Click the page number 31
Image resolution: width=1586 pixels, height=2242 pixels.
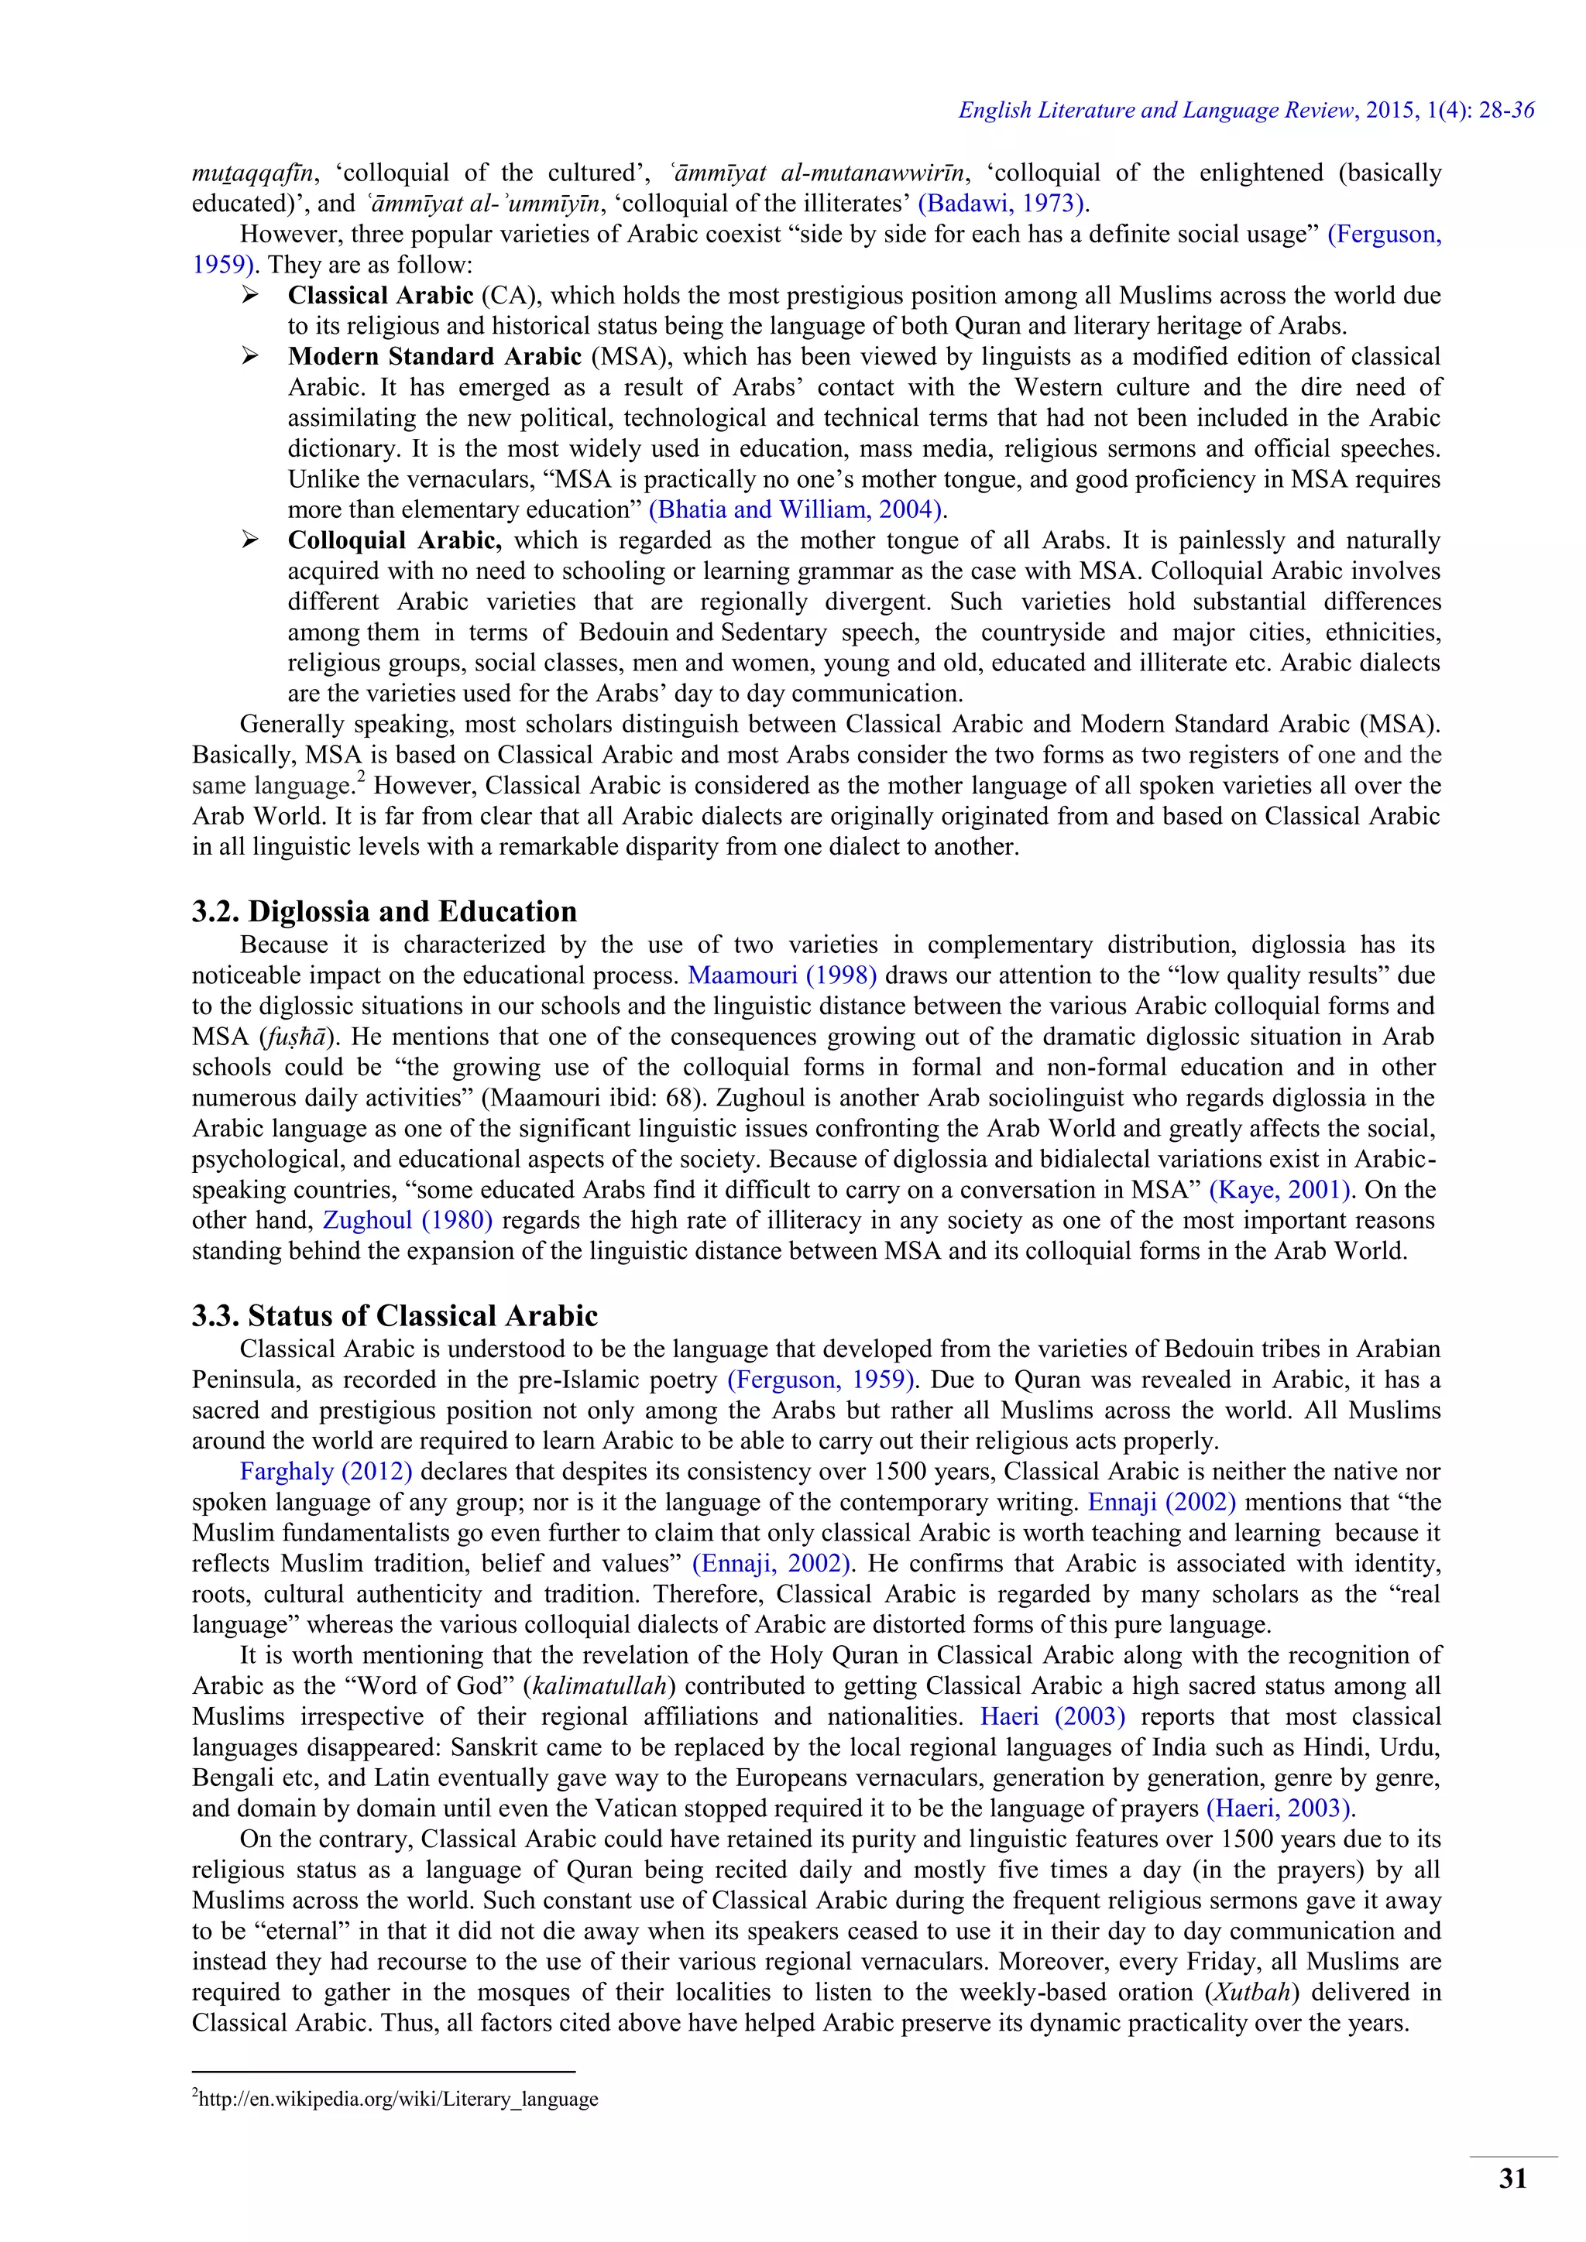[x=1512, y=2178]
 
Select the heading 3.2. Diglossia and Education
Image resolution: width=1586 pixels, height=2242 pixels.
[x=384, y=911]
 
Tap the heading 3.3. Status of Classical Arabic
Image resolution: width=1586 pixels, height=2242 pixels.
[x=394, y=1315]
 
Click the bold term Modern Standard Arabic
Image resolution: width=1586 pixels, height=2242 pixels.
[x=434, y=356]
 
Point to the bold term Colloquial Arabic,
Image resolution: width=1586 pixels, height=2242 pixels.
[x=394, y=540]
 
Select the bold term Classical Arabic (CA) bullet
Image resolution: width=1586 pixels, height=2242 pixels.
[x=380, y=295]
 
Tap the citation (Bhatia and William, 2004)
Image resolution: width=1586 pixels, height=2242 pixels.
[x=797, y=509]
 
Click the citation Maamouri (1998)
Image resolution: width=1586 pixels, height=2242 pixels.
[x=782, y=975]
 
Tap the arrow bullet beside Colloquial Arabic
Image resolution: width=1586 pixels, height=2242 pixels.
[x=250, y=540]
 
